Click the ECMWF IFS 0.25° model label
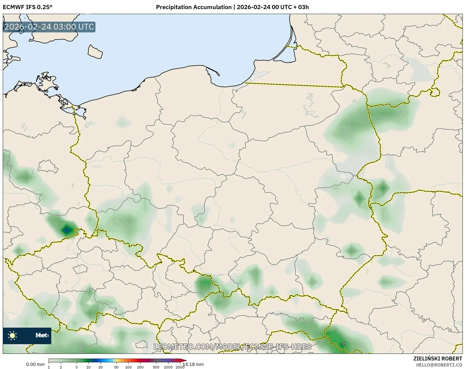tap(27, 7)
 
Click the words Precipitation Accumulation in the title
tap(193, 7)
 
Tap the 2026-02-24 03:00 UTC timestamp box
tap(49, 27)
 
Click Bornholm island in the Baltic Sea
tap(95, 52)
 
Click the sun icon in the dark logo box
tap(12, 335)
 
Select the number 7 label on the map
tap(343, 344)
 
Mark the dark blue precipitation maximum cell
tap(67, 229)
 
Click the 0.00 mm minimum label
tap(35, 365)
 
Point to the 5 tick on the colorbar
tap(77, 367)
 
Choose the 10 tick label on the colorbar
tap(88, 367)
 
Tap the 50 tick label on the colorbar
tap(116, 367)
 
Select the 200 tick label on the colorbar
tap(140, 367)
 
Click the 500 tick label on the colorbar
tap(156, 367)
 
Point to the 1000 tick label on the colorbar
tap(168, 367)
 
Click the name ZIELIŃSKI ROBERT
tap(438, 359)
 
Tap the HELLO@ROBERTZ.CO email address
tap(439, 365)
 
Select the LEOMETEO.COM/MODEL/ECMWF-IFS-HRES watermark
tap(232, 347)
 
